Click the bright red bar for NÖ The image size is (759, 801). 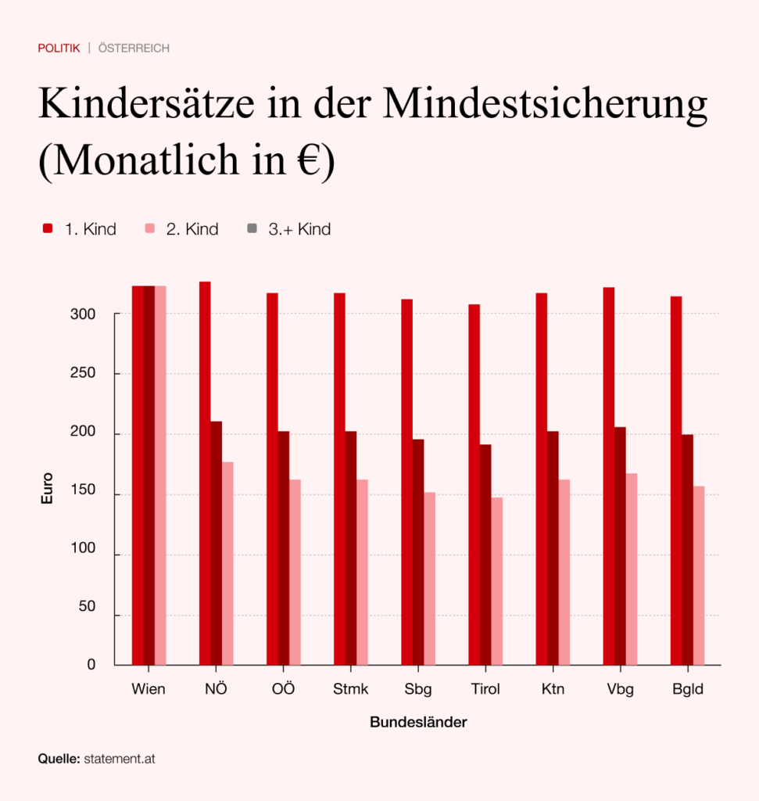coord(205,473)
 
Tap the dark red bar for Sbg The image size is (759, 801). coord(418,551)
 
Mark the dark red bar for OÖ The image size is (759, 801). coord(284,548)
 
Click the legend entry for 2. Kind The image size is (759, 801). coord(181,229)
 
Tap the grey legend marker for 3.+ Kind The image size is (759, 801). coord(252,228)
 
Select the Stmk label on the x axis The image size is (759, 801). coord(351,690)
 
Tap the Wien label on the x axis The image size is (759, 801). coord(149,690)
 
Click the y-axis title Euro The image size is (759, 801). coord(48,487)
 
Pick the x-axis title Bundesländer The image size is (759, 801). coord(418,722)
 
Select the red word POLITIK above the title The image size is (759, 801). coord(59,48)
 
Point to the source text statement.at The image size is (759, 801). coord(120,759)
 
